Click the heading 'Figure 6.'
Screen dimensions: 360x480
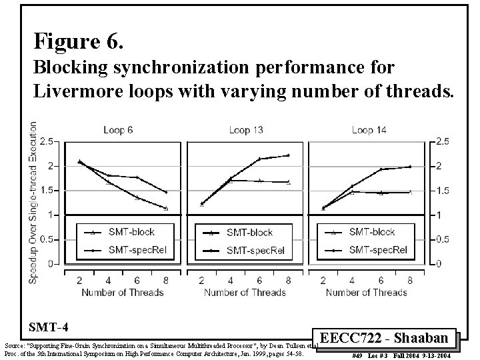click(79, 43)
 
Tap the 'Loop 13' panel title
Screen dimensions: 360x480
click(245, 129)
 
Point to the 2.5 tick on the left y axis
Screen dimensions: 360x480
click(47, 141)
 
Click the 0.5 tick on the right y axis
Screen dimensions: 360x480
click(441, 239)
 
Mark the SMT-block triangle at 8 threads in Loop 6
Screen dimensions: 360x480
click(166, 208)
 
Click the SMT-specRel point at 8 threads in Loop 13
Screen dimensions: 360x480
click(288, 155)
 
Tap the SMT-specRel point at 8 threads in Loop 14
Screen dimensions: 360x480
click(410, 167)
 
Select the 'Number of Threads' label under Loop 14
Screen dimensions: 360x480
click(367, 292)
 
